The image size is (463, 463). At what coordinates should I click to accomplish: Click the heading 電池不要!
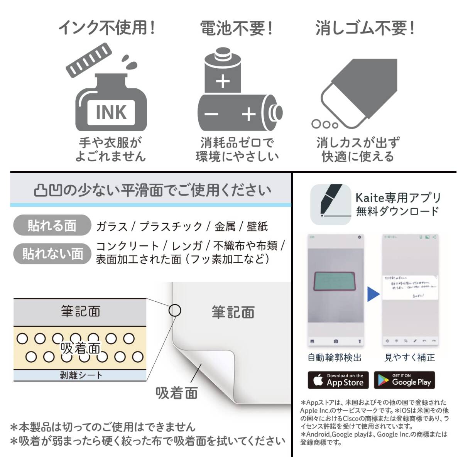236,28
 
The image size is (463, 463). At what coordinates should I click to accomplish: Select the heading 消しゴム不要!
365,28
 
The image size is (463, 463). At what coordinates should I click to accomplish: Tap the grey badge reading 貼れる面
52,226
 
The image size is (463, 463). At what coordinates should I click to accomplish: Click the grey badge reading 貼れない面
52,253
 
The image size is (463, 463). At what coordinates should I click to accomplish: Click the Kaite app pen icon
331,204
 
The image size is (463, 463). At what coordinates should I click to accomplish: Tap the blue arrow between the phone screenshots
373,294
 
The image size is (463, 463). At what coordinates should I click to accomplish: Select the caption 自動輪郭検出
335,358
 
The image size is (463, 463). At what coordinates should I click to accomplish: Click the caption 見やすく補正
409,358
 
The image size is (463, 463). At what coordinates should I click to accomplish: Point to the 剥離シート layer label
80,375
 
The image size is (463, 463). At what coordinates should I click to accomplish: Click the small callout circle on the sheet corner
175,310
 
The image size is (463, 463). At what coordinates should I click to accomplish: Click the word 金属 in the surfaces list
225,226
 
